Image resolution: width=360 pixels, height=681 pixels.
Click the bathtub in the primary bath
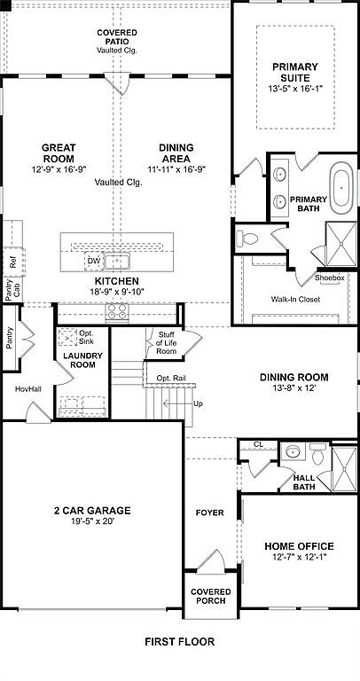[340, 187]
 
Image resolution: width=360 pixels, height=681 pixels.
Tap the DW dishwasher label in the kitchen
[93, 261]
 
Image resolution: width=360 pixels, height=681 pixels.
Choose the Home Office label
[298, 546]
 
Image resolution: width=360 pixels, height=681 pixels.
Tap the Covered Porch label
[210, 596]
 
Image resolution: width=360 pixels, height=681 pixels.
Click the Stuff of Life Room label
[167, 341]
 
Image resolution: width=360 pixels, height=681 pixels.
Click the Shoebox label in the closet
[330, 278]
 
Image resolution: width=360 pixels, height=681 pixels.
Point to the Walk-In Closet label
[295, 299]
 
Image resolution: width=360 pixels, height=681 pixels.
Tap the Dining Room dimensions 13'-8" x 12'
[294, 387]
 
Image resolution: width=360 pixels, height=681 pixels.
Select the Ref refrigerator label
[12, 262]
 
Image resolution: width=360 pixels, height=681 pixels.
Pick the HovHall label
[27, 389]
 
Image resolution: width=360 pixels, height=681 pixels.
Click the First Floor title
[180, 641]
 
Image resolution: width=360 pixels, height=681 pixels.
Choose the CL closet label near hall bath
[258, 444]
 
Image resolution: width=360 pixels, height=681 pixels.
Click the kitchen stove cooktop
[117, 311]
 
